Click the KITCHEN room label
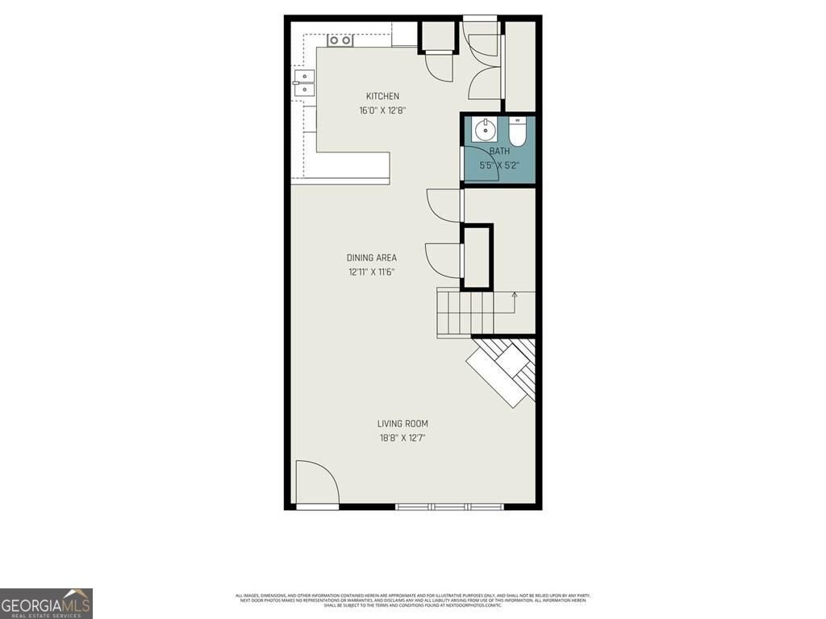[382, 97]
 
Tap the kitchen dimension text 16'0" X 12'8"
[382, 110]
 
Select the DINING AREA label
[372, 258]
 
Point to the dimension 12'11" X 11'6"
[372, 272]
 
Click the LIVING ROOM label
[403, 424]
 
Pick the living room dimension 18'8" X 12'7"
[403, 438]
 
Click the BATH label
[500, 151]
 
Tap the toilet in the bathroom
[517, 132]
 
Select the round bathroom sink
[484, 129]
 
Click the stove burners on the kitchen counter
[340, 39]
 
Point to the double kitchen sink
[303, 84]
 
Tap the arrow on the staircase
[515, 296]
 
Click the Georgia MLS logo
[46, 603]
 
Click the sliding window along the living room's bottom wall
[449, 506]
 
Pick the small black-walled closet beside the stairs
[476, 257]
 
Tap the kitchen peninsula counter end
[355, 167]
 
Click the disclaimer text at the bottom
[412, 600]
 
